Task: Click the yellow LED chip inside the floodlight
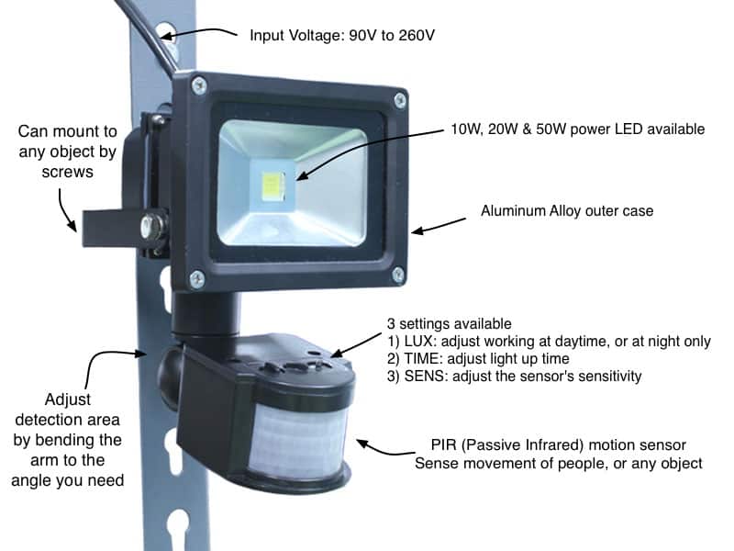[x=272, y=186]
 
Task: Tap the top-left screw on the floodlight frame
[x=199, y=85]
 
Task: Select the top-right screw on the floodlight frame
[x=400, y=100]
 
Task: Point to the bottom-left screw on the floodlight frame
[x=196, y=279]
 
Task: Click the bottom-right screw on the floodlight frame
[x=398, y=275]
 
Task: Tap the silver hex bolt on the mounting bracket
[x=153, y=227]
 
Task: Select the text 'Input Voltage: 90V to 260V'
[x=342, y=36]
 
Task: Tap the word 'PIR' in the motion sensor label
[x=444, y=444]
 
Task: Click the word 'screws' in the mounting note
[x=67, y=172]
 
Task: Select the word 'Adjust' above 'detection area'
[x=68, y=399]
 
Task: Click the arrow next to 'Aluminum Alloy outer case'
[x=439, y=225]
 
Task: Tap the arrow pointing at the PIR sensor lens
[x=384, y=449]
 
